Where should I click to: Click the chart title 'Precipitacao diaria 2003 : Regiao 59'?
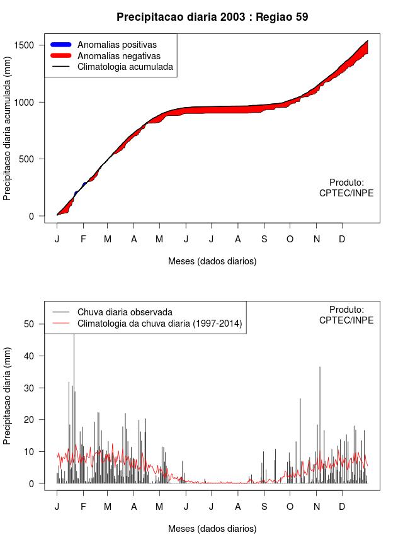click(x=212, y=17)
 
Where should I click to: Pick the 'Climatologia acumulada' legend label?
click(x=125, y=66)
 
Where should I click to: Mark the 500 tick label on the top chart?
click(x=33, y=159)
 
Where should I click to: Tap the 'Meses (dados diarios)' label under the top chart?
click(x=212, y=261)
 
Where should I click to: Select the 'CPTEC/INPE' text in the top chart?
click(x=346, y=193)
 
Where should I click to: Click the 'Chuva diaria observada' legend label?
click(x=125, y=312)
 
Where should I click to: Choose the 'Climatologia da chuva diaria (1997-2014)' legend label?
click(x=159, y=324)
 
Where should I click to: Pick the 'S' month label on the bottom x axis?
click(x=264, y=507)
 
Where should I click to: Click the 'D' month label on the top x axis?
click(x=342, y=239)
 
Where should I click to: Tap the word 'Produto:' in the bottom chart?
click(x=346, y=309)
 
